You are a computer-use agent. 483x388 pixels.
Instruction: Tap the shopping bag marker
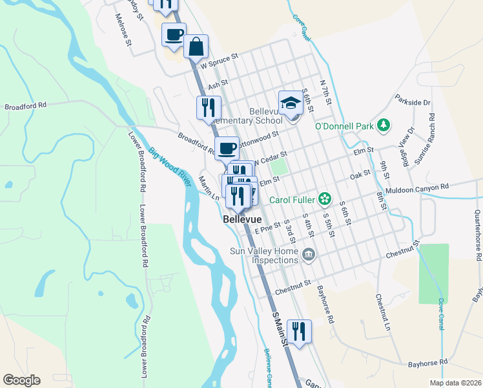click(196, 47)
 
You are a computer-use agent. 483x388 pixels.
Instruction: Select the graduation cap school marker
click(291, 103)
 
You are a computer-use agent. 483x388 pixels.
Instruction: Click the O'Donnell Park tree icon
click(384, 124)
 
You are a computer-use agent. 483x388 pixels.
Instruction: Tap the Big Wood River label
click(172, 167)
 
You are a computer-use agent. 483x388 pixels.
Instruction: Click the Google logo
click(21, 380)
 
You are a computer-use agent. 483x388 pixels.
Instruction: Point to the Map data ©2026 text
click(455, 382)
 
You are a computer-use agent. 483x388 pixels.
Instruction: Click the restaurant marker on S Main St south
click(298, 331)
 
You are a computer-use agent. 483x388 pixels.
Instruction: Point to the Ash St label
click(218, 83)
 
